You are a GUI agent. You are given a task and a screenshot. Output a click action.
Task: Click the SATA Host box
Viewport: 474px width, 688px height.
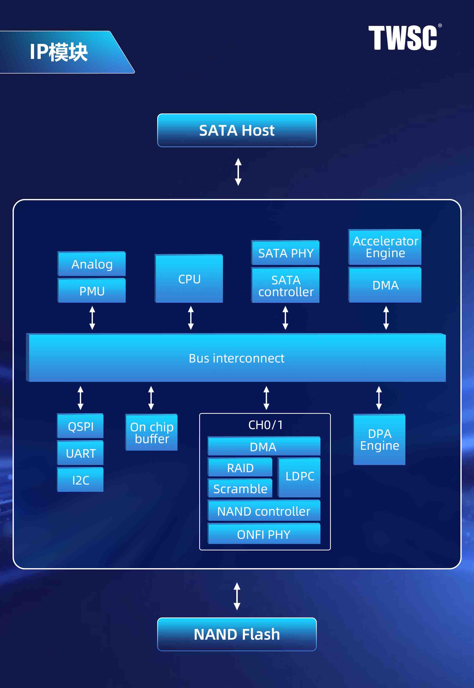[237, 130]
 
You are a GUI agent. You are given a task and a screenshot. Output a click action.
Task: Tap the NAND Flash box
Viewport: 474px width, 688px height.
[237, 634]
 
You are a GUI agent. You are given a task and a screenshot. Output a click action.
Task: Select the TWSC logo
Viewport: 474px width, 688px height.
[403, 38]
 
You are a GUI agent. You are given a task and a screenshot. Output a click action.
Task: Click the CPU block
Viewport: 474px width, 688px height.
[189, 279]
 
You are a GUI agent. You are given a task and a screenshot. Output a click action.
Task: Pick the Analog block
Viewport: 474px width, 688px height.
[92, 264]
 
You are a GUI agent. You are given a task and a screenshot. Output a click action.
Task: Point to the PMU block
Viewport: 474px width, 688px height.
[92, 291]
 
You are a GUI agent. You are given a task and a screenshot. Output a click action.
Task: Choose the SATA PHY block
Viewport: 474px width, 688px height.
[285, 253]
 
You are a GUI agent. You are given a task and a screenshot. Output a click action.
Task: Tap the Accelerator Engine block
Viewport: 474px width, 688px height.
[385, 247]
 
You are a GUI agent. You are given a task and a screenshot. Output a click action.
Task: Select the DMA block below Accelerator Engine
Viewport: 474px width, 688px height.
[385, 285]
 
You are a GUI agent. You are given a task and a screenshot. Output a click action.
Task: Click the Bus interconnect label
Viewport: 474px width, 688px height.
[237, 358]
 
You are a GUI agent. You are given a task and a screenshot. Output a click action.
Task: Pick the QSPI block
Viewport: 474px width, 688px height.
[80, 426]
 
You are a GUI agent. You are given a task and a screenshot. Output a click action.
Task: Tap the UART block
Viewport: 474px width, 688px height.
[80, 453]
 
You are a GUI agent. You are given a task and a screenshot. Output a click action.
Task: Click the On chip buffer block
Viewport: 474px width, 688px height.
[152, 433]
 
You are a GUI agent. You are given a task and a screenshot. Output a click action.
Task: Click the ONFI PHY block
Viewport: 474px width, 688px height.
[264, 534]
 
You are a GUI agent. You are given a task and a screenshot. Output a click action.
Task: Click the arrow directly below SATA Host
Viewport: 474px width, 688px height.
[238, 172]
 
